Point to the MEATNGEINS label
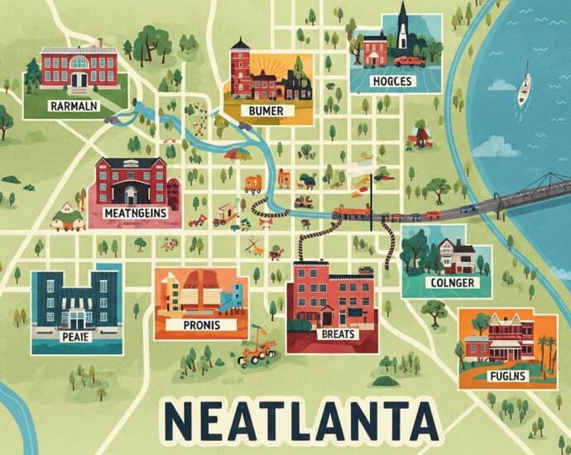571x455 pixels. [136, 213]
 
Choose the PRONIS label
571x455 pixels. [199, 325]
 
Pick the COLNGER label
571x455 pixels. [453, 283]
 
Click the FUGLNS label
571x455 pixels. [506, 376]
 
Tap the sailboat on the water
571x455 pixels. [524, 89]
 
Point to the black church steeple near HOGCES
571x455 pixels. [403, 21]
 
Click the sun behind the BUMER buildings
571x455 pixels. [274, 65]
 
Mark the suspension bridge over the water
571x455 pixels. [530, 192]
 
